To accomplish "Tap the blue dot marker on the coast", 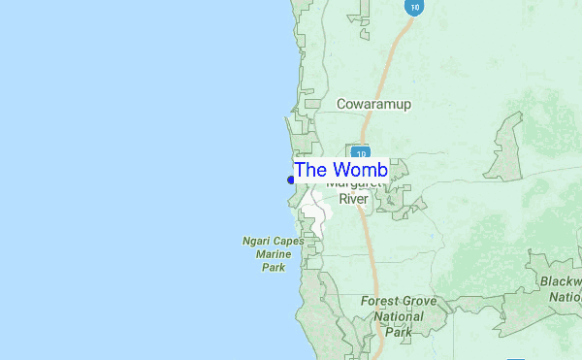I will (x=291, y=179).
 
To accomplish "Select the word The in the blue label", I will (x=311, y=170).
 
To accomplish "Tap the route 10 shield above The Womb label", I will (x=360, y=153).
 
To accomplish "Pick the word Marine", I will (x=273, y=253).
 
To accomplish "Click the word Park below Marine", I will (x=273, y=266).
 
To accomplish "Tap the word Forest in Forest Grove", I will (x=380, y=301).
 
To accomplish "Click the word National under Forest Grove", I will (x=399, y=315).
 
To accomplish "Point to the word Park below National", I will (x=399, y=331).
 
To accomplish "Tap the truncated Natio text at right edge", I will (x=566, y=297).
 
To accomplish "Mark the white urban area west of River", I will (x=315, y=206).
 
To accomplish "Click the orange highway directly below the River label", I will (x=369, y=233).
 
